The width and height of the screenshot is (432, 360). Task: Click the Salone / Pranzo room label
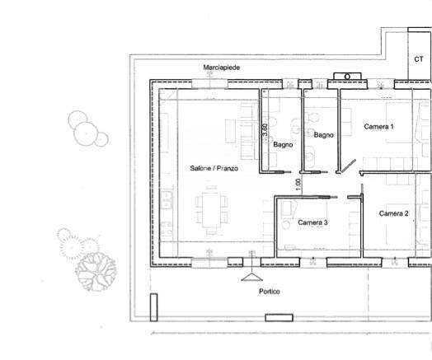click(213, 168)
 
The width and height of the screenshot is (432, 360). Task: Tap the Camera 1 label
click(378, 127)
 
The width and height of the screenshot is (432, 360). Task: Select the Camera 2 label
click(393, 213)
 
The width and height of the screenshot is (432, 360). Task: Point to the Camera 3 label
click(312, 222)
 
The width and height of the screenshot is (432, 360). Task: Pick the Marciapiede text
click(222, 67)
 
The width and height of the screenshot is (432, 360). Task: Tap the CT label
click(419, 59)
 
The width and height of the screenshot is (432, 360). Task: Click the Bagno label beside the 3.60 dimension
click(284, 145)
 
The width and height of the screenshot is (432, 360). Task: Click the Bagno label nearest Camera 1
click(323, 135)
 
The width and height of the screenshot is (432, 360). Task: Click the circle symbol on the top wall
click(346, 77)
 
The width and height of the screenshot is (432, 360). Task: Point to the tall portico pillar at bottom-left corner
click(153, 307)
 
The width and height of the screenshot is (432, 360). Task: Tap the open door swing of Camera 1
click(349, 167)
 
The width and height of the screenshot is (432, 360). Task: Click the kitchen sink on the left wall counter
click(167, 199)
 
